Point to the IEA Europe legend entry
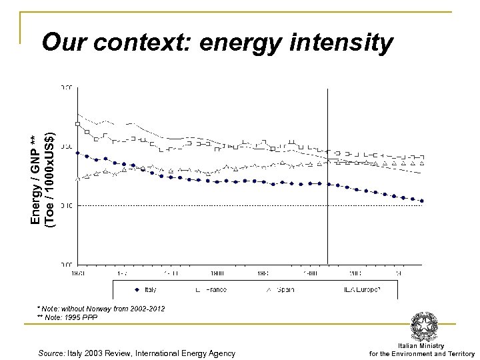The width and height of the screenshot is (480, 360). click(360, 290)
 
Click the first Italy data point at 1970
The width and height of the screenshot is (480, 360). click(78, 153)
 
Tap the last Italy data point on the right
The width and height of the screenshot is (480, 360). click(422, 201)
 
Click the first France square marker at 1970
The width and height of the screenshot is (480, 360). click(78, 124)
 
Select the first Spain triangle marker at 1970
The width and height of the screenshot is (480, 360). click(78, 178)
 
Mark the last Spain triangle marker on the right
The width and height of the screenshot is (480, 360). click(422, 163)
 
